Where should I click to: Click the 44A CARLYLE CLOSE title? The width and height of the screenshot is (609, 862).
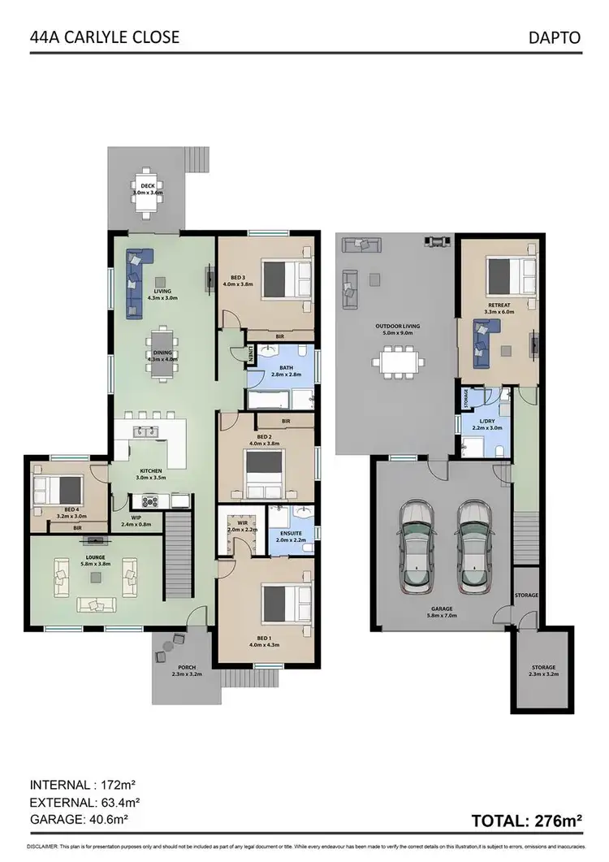104,37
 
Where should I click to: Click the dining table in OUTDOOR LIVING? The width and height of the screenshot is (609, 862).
396,359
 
